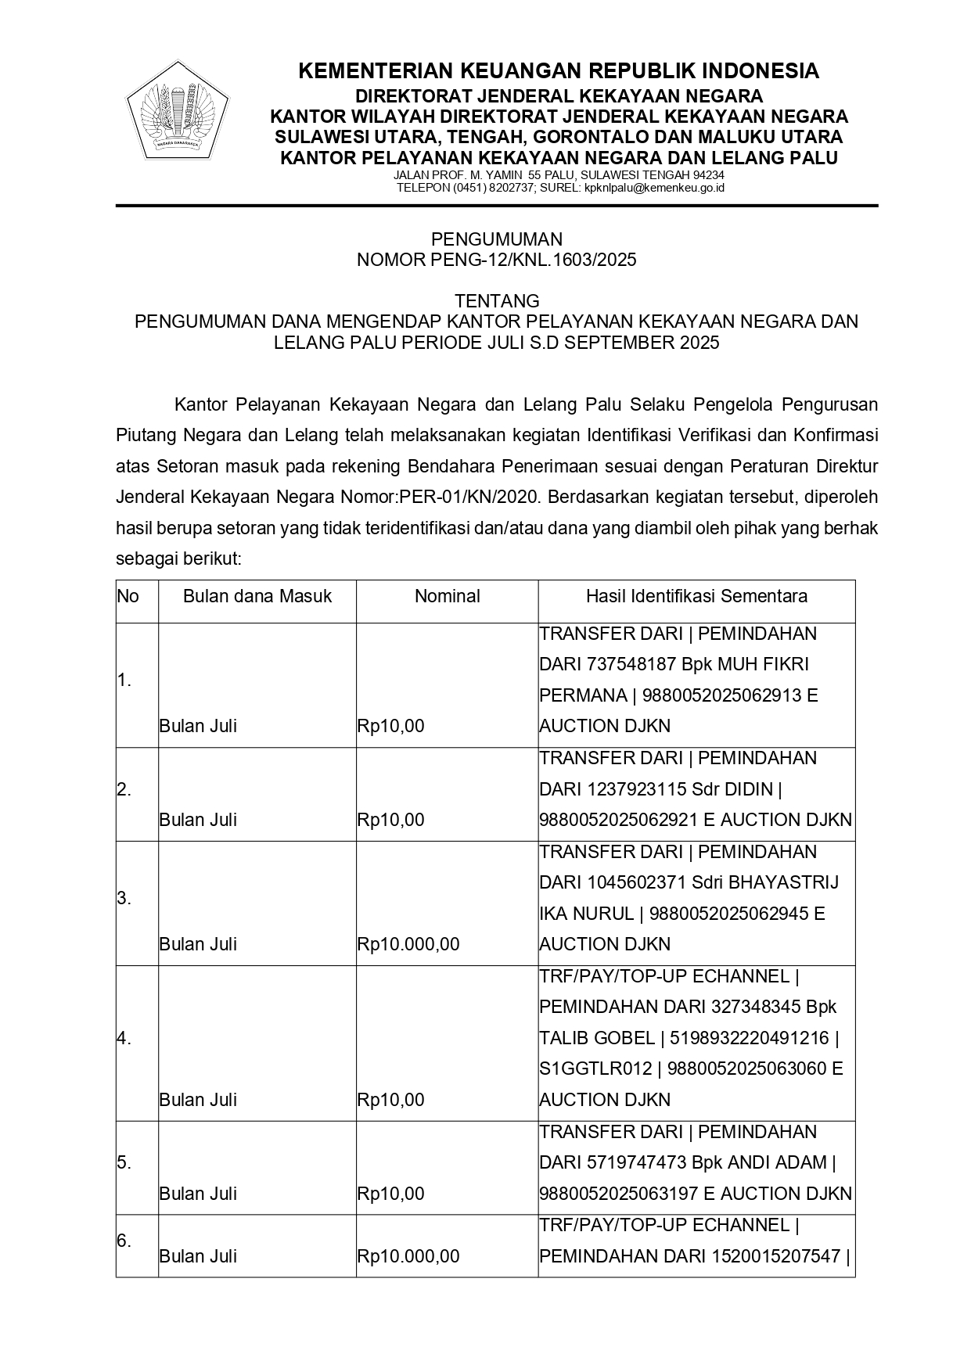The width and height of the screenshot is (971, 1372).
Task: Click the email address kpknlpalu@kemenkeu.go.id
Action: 654,188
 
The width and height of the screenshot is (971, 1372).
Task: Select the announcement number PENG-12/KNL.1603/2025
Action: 533,260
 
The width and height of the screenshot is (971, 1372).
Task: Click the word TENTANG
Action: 497,301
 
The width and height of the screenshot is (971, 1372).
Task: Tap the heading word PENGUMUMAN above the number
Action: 497,239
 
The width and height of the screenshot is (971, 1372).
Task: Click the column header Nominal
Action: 447,596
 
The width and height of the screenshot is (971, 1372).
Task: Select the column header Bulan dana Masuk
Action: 257,596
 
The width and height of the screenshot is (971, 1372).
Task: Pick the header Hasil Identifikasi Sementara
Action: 696,596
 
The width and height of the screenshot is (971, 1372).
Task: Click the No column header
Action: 128,596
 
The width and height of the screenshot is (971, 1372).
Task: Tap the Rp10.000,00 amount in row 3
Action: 408,944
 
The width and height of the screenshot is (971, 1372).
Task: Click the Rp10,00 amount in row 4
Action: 390,1100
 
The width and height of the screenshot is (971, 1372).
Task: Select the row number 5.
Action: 124,1162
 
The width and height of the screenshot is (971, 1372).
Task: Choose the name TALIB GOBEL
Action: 597,1038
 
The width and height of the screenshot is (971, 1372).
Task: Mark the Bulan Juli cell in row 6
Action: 198,1256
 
